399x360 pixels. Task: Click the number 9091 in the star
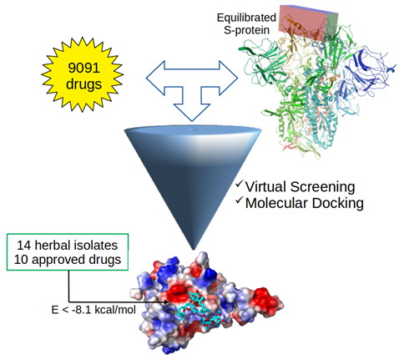click(x=83, y=67)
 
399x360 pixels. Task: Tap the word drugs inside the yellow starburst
click(x=83, y=84)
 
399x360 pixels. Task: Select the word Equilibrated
click(x=246, y=18)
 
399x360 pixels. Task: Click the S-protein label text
click(x=247, y=30)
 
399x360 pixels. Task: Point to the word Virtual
click(x=265, y=186)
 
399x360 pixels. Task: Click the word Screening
click(x=322, y=187)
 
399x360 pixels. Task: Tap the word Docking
click(x=337, y=204)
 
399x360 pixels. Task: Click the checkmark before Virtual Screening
click(x=239, y=184)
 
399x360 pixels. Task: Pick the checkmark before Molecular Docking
click(x=239, y=200)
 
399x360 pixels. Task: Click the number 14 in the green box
click(x=23, y=246)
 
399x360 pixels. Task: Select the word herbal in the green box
click(x=50, y=246)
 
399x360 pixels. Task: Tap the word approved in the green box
click(x=58, y=261)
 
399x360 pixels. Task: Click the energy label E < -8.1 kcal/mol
click(x=93, y=310)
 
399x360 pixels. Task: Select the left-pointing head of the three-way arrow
click(x=155, y=79)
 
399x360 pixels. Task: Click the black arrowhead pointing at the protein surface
click(x=166, y=302)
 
